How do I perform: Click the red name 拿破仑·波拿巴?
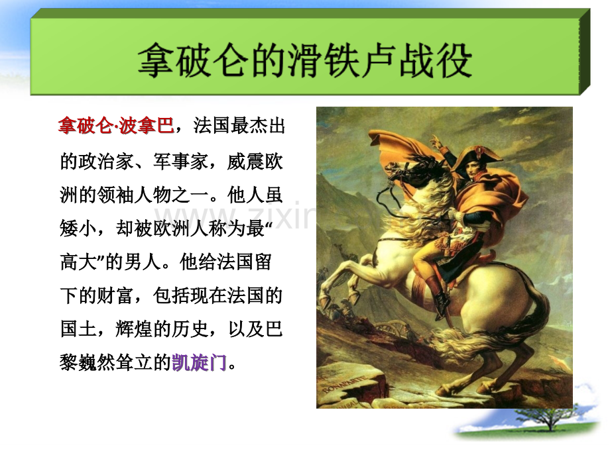tap(116, 126)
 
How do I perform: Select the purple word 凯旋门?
tap(199, 362)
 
